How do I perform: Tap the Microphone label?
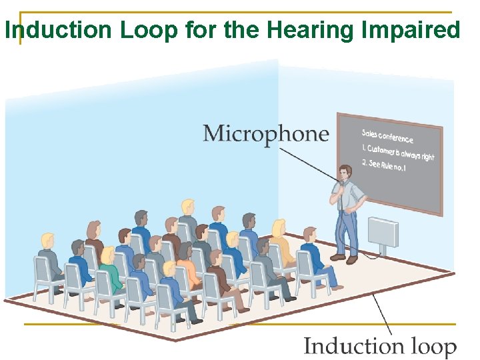[x=265, y=133]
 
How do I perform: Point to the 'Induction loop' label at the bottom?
[x=380, y=347]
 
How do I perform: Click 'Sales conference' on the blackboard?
[x=387, y=135]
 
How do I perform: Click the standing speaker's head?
[x=345, y=172]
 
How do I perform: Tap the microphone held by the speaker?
[x=341, y=183]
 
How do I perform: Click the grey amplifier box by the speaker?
[x=383, y=233]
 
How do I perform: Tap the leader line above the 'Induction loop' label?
[x=382, y=313]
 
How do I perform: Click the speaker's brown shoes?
[x=344, y=257]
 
